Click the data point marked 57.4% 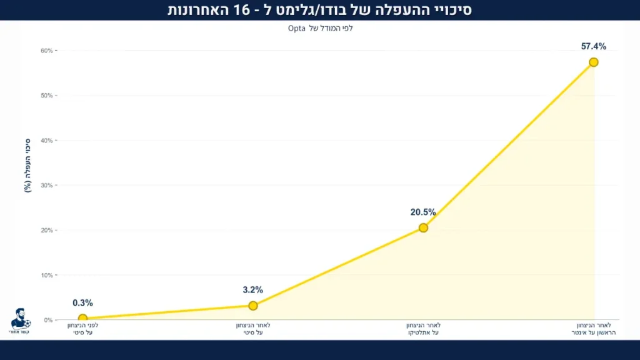593,62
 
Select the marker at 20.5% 423,227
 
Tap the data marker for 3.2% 253,306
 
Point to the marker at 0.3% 82,319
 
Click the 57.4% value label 593,46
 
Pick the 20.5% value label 423,212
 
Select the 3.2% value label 253,290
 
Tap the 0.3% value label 82,303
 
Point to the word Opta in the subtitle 296,28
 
